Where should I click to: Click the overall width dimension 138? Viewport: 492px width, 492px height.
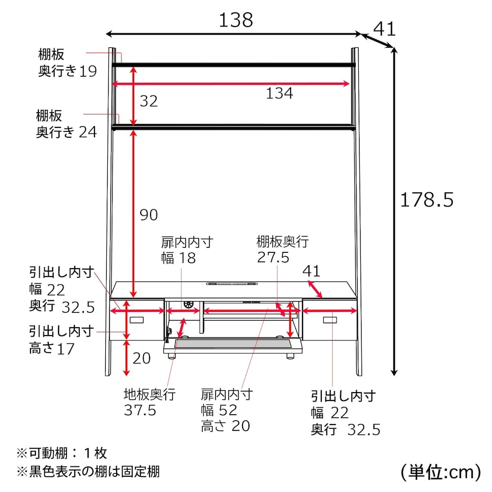tap(236, 20)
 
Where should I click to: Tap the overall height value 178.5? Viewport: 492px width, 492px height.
tap(427, 200)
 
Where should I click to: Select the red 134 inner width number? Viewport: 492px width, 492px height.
tap(279, 93)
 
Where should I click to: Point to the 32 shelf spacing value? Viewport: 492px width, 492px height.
tap(149, 101)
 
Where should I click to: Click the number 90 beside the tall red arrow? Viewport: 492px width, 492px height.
tap(149, 215)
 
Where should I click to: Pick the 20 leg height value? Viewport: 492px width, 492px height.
tap(142, 358)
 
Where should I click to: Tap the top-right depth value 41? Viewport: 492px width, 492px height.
tap(384, 29)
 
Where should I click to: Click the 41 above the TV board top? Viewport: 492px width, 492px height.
tap(311, 271)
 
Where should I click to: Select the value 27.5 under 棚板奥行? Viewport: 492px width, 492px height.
tap(273, 257)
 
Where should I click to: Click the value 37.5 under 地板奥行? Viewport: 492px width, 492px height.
tap(140, 410)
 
